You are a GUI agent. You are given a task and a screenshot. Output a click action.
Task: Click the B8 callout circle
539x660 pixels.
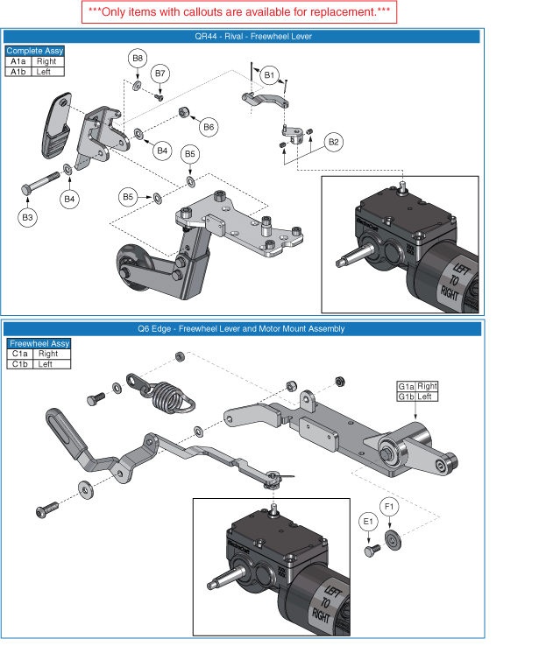pyautogui.click(x=138, y=59)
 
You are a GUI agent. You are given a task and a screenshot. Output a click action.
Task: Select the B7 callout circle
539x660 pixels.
pyautogui.click(x=160, y=74)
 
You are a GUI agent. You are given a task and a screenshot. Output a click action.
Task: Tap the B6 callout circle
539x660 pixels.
pyautogui.click(x=209, y=127)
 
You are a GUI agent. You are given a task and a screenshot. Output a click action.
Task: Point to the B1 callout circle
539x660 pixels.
pyautogui.click(x=270, y=76)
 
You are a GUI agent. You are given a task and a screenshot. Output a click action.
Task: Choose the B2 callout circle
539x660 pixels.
pyautogui.click(x=333, y=141)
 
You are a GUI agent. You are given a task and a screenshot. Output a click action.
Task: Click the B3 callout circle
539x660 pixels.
pyautogui.click(x=28, y=216)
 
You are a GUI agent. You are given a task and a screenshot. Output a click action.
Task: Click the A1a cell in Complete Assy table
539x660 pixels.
pyautogui.click(x=18, y=62)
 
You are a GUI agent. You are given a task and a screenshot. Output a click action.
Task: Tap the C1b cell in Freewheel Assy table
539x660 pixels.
pyautogui.click(x=19, y=363)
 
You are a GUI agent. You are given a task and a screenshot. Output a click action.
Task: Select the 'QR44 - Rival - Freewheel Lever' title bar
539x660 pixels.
pyautogui.click(x=241, y=37)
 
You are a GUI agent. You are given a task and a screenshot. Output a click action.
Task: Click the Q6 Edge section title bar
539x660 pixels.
pyautogui.click(x=241, y=329)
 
